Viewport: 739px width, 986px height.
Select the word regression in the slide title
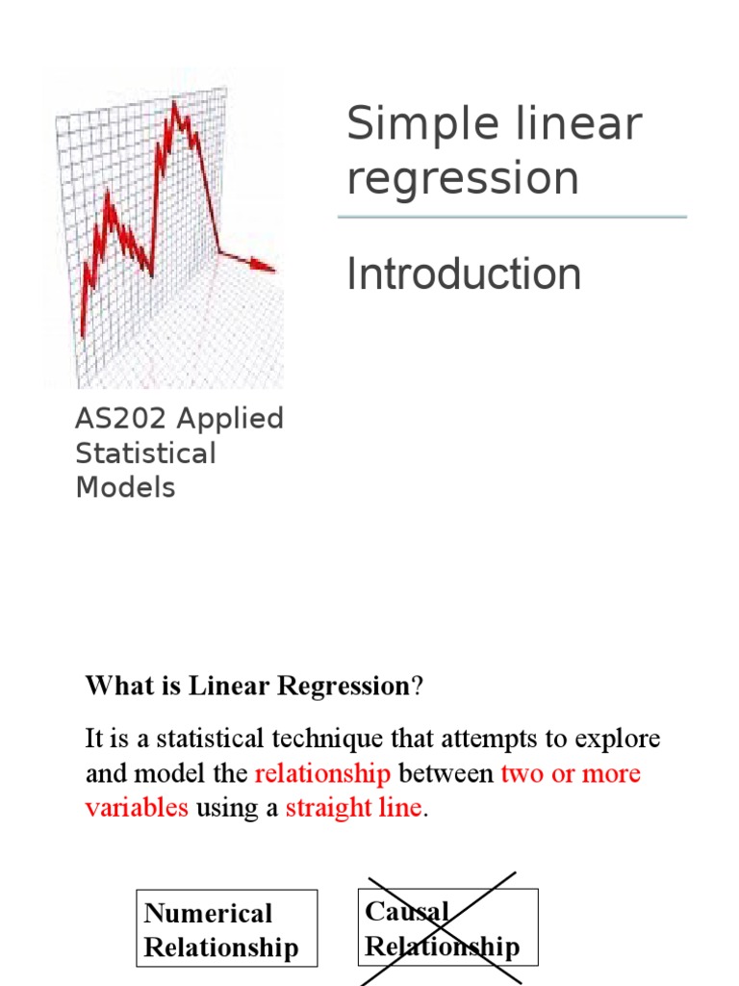click(463, 179)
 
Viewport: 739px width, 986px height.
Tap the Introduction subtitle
click(464, 274)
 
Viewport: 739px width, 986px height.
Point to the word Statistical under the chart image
click(145, 454)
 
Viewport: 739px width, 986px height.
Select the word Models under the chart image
click(125, 487)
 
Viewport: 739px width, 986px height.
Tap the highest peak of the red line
click(174, 104)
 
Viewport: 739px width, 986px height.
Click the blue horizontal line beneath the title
click(512, 218)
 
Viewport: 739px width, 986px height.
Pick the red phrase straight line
click(354, 808)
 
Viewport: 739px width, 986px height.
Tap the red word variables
click(137, 808)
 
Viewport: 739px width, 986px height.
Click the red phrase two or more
click(571, 774)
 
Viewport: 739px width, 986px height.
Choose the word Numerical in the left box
click(208, 913)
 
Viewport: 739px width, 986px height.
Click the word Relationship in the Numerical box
click(221, 947)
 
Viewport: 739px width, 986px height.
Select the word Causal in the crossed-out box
click(407, 911)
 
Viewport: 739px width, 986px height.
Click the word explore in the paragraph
click(616, 739)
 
